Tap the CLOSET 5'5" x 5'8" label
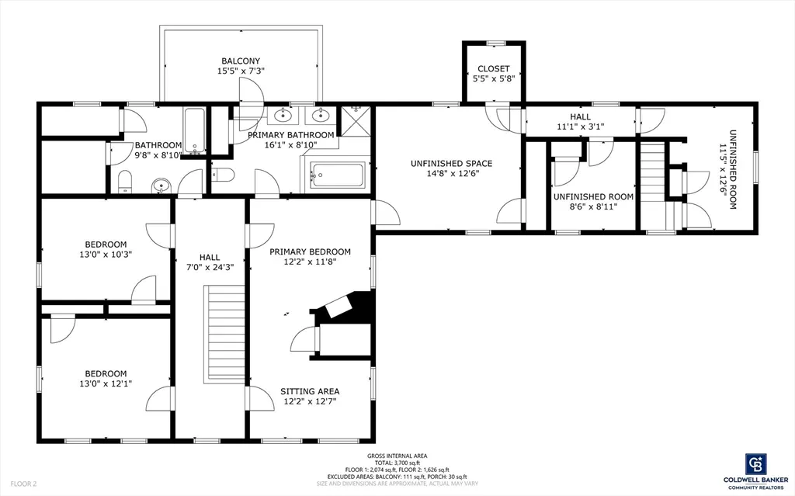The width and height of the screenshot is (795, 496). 493,74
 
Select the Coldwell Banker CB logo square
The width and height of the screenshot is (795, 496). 755,464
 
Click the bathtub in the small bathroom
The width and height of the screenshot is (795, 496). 194,131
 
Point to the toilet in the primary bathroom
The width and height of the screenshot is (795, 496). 223,175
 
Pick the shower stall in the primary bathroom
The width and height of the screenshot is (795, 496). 356,122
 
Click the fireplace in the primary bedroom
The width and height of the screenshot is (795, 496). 345,305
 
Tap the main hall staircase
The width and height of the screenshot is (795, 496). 224,335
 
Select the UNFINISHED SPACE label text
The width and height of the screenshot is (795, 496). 451,163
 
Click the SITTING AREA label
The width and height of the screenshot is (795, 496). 310,391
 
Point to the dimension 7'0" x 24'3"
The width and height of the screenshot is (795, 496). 210,267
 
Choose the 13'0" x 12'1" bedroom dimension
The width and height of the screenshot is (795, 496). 106,384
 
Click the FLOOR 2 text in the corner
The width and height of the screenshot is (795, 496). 23,484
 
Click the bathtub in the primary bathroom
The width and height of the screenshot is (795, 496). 337,175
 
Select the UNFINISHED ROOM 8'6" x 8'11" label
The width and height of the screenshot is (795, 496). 593,201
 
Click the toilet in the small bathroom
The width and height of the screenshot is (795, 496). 125,182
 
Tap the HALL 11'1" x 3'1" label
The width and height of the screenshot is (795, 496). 580,122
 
